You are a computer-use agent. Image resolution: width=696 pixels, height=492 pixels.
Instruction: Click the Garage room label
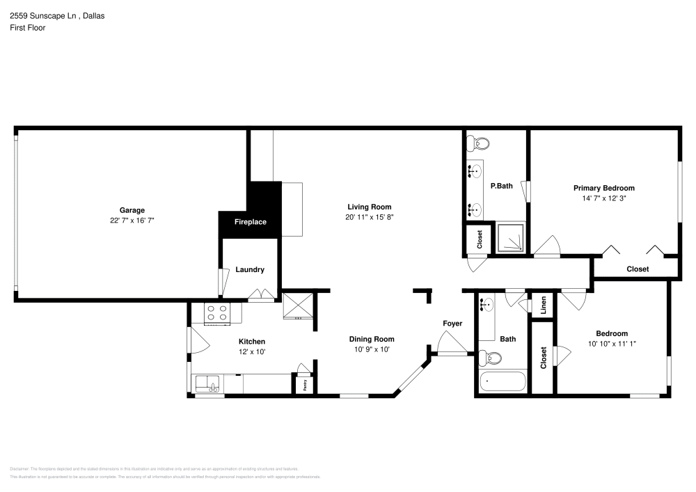[x=132, y=210]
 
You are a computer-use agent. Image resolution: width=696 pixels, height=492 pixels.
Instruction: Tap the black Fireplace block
[x=250, y=222]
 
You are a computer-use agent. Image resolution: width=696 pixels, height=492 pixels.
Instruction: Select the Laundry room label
[x=249, y=269]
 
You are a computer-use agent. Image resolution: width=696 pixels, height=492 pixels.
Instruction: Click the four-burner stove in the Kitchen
[x=217, y=315]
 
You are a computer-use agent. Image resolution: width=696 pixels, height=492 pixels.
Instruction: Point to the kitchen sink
[x=207, y=383]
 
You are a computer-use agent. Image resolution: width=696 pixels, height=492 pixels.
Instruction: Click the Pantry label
[x=304, y=382]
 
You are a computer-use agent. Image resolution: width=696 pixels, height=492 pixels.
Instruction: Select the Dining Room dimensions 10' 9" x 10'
[x=372, y=349]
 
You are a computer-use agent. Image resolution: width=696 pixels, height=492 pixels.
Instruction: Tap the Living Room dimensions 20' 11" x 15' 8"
[x=370, y=217]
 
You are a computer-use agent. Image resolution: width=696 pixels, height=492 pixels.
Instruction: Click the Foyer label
[x=452, y=324]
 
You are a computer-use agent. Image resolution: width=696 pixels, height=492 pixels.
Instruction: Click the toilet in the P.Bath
[x=479, y=144]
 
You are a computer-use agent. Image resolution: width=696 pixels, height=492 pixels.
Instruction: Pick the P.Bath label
[x=501, y=186]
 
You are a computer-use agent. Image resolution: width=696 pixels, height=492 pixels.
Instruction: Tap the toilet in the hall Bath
[x=491, y=358]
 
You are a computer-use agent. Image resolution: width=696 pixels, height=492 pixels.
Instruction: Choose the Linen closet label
[x=543, y=305]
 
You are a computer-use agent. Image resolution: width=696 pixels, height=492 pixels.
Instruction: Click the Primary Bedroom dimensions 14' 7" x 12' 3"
[x=603, y=198]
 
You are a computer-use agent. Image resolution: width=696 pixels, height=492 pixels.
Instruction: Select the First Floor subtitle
[x=27, y=28]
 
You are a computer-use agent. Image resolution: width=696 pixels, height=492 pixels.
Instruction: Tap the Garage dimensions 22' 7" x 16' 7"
[x=132, y=220]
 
